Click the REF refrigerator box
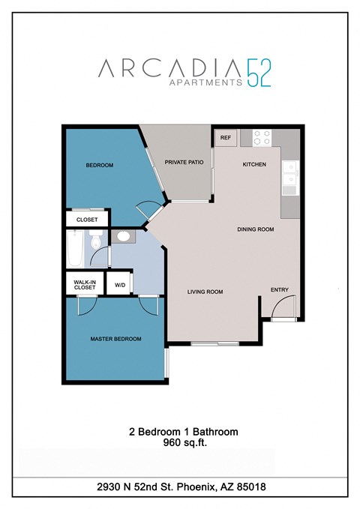[x=225, y=138]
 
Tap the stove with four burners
[x=262, y=137]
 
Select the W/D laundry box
[x=120, y=286]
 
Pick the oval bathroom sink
[x=123, y=237]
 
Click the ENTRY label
[x=280, y=290]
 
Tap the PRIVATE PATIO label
[x=184, y=162]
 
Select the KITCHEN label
[x=254, y=164]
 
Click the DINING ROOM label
[x=256, y=229]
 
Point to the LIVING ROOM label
[x=205, y=292]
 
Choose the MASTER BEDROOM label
[x=116, y=339]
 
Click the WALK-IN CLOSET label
[x=84, y=285]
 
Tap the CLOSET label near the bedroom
[x=87, y=220]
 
